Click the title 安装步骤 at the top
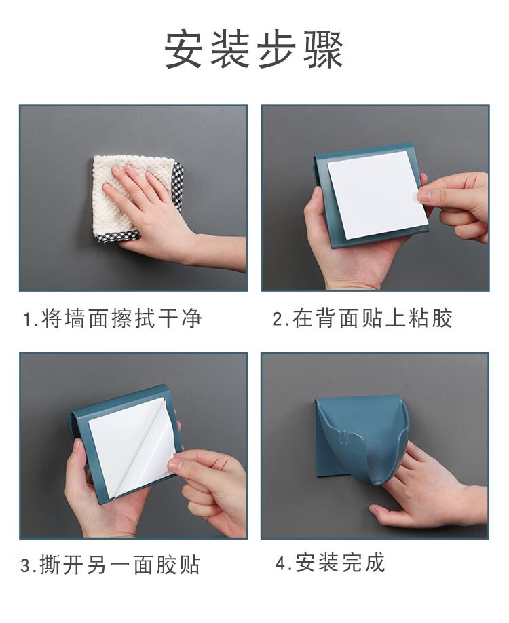tap(254, 50)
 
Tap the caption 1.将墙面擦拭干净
tap(113, 319)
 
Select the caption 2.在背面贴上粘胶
tap(363, 319)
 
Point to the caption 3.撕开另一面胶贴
tap(110, 565)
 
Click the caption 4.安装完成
tap(331, 563)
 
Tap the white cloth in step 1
tap(119, 195)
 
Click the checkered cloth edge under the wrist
tap(119, 237)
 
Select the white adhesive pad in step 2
tap(377, 195)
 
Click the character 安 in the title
tap(183, 50)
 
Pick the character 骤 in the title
tap(324, 50)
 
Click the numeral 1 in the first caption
tap(28, 320)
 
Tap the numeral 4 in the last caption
tap(281, 563)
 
